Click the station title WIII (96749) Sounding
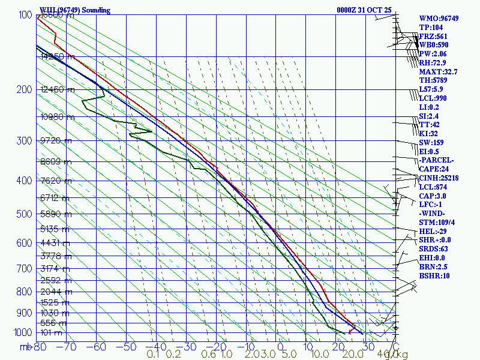(75, 10)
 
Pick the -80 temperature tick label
(40, 346)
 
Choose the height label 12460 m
(57, 90)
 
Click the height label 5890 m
(55, 214)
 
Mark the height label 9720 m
(55, 140)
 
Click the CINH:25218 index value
(439, 178)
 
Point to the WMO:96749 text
(439, 19)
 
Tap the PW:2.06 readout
(433, 54)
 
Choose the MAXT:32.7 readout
(438, 72)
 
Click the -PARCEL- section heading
(436, 160)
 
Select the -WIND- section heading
(433, 214)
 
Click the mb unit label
(25, 347)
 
